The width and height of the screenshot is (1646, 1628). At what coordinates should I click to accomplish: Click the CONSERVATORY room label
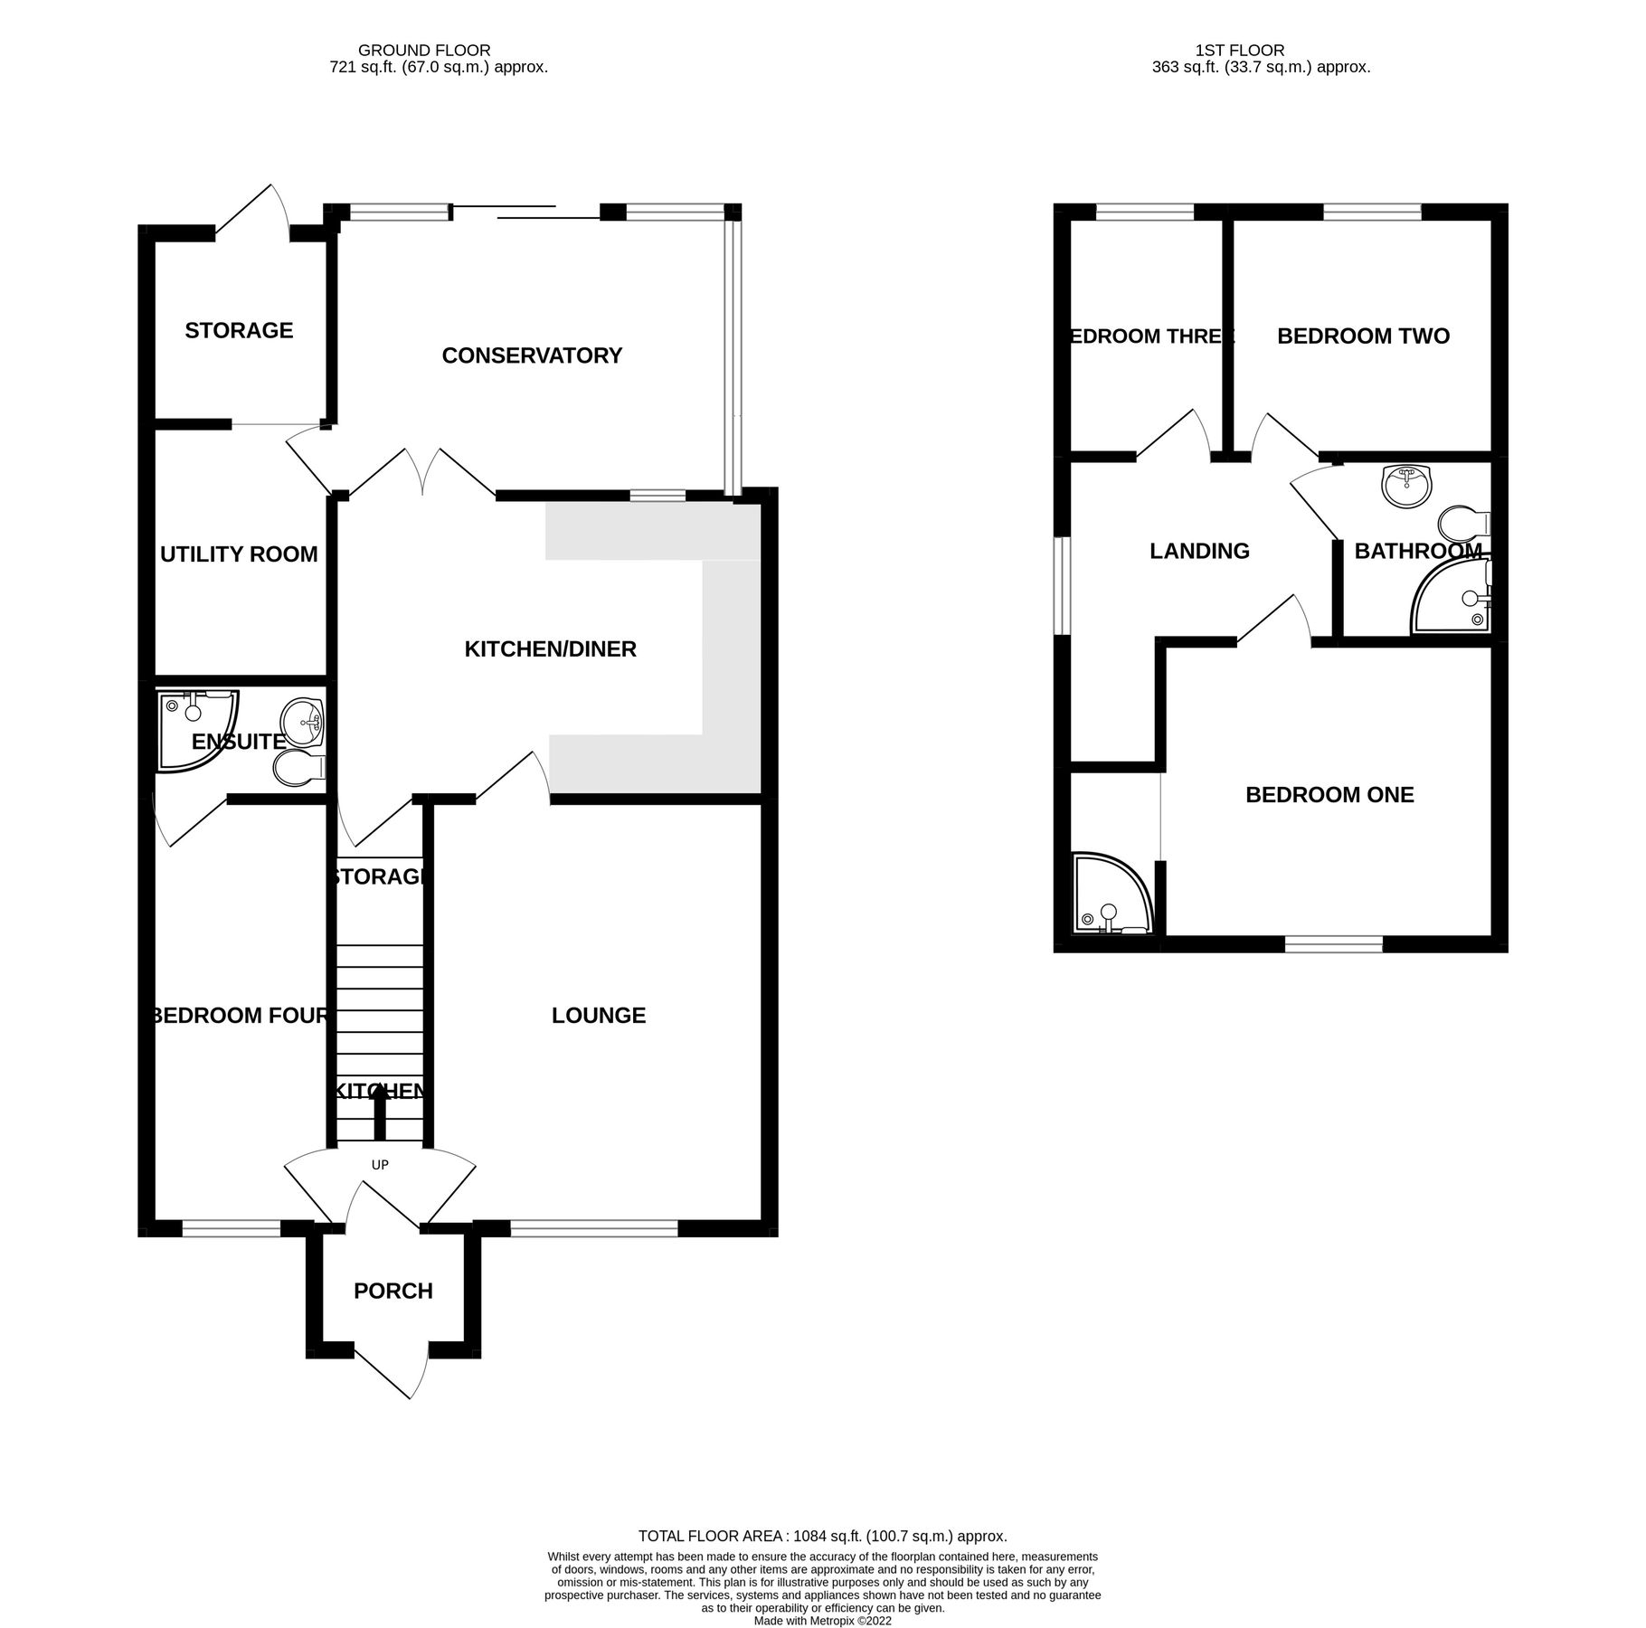(x=532, y=355)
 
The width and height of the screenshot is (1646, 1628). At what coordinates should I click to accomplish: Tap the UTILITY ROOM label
(x=239, y=554)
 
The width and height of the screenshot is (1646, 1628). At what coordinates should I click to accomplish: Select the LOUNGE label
(x=599, y=1015)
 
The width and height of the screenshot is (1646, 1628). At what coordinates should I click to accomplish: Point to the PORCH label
(x=393, y=1291)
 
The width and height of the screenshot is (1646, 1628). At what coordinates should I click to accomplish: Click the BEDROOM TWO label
(x=1363, y=336)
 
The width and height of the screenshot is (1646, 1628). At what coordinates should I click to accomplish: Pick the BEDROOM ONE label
(x=1329, y=794)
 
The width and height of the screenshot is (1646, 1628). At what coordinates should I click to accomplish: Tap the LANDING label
(x=1199, y=551)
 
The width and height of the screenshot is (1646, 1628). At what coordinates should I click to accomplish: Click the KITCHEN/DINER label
(x=550, y=648)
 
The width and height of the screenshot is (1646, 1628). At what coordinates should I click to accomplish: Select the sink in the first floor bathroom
(x=1406, y=486)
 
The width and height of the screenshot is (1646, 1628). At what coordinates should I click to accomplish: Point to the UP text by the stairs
(x=380, y=1165)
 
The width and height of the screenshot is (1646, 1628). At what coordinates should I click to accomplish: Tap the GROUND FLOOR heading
(x=424, y=51)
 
